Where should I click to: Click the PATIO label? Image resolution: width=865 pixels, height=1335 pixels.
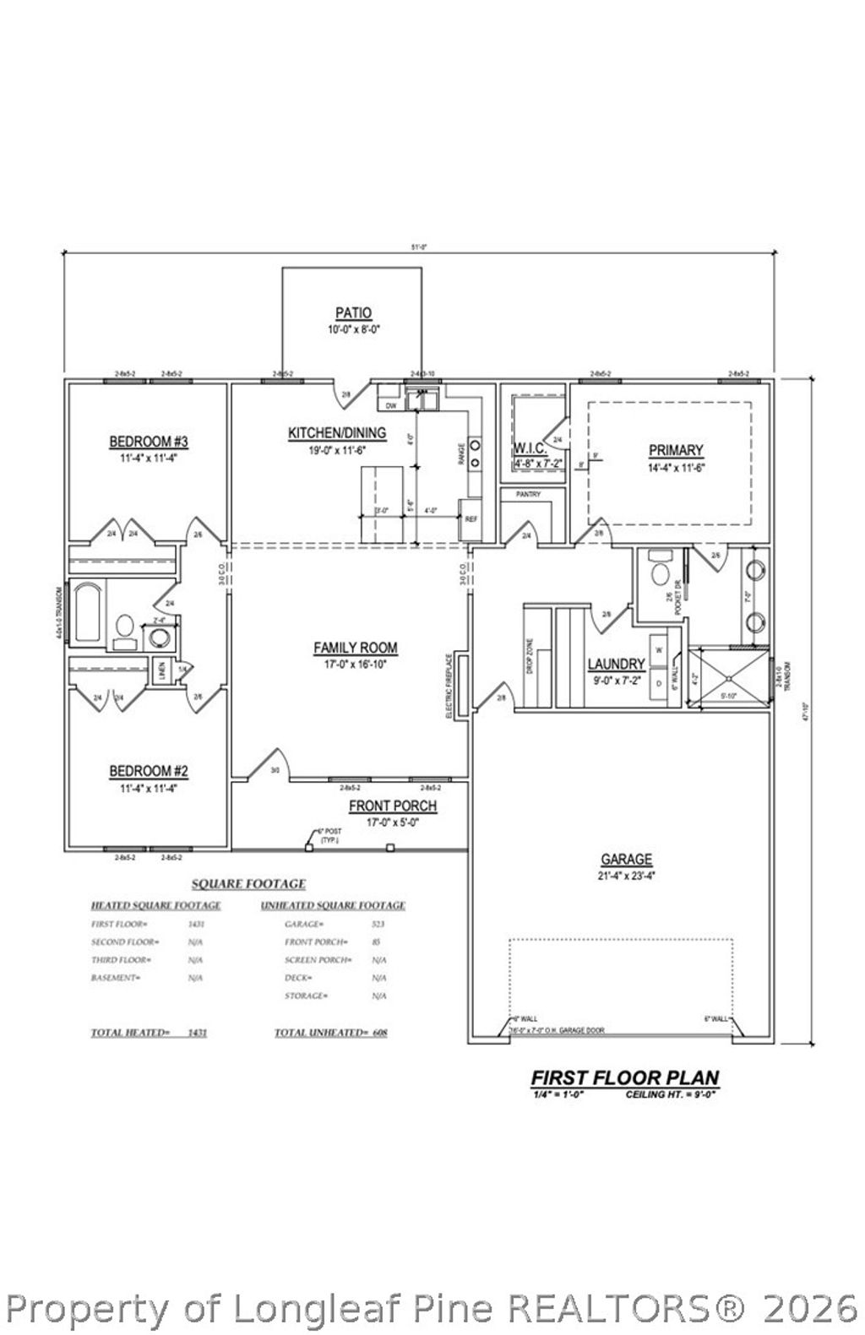point(353,313)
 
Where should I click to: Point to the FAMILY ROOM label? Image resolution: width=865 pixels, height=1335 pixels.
point(355,648)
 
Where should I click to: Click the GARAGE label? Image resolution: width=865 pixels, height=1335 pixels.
point(626,859)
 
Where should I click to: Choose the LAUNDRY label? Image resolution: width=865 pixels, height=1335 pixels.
point(617,665)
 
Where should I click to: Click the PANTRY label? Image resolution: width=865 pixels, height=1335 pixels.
point(527,495)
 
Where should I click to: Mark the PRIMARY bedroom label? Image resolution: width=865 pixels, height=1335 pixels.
point(675,450)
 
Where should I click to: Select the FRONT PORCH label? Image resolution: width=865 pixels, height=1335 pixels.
point(393,806)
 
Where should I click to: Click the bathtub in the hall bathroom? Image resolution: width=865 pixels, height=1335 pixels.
point(87,612)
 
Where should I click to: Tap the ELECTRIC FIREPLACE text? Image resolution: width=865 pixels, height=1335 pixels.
point(449,685)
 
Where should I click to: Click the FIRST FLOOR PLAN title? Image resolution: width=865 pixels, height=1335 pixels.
point(624,1077)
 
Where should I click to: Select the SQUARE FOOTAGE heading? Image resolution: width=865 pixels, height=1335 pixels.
point(248,884)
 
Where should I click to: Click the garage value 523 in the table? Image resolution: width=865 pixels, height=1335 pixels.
point(378,924)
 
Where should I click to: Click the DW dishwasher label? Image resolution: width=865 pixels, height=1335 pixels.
point(390,406)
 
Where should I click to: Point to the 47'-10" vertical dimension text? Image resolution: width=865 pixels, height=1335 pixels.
point(808,711)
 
